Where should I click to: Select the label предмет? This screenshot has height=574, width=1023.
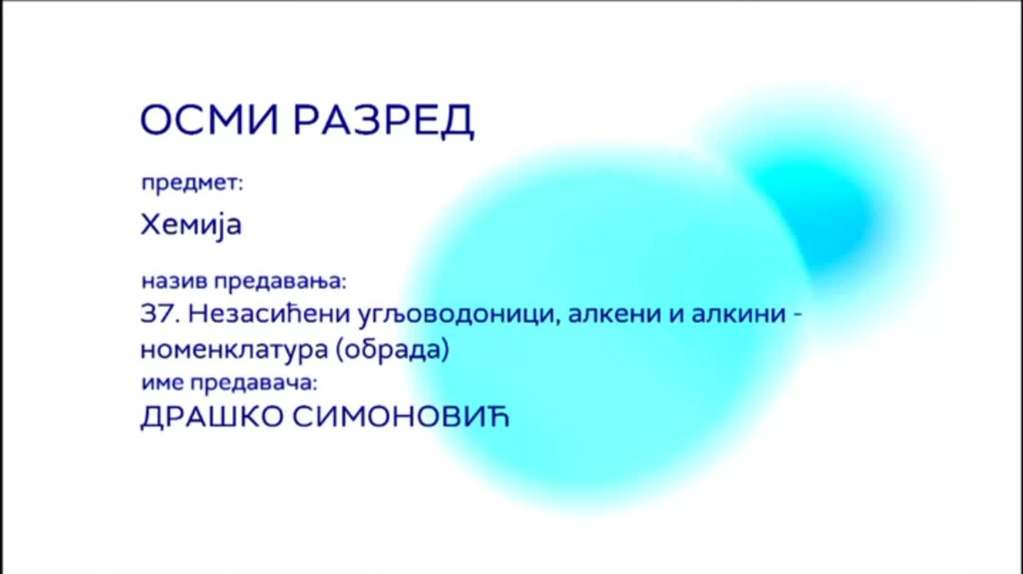point(192,183)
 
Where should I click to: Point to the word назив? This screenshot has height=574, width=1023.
point(174,281)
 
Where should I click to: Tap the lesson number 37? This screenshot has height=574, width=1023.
point(158,314)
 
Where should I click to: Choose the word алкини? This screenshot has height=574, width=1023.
point(739,314)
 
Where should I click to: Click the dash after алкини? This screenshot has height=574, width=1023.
point(798,315)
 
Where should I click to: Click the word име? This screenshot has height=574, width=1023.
point(163,383)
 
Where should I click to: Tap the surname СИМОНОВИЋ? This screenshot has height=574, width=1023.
point(401,416)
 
